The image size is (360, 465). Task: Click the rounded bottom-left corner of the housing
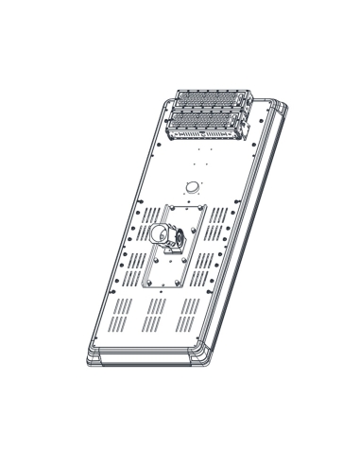(93, 355)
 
